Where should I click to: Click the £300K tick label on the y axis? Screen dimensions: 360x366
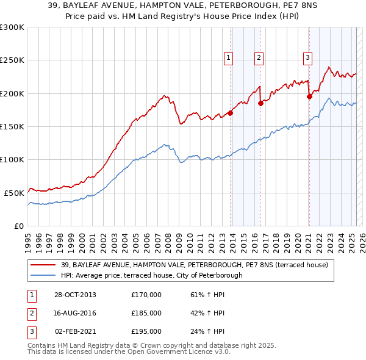[x=12, y=27]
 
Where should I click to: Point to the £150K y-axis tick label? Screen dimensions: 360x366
[x=12, y=126]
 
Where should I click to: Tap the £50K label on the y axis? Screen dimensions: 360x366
[x=15, y=192]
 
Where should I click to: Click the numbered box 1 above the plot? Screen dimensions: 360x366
[x=228, y=58]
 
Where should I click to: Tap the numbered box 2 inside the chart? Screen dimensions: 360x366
[x=259, y=58]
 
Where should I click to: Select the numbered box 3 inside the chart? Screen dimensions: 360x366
[x=307, y=58]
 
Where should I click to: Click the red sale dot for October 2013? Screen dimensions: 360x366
[x=231, y=113]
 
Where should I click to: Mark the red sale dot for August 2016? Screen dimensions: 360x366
[x=260, y=103]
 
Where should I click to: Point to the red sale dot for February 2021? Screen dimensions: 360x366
[x=309, y=96]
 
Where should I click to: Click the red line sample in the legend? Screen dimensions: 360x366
[x=43, y=265]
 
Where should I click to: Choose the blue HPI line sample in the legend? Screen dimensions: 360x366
[x=43, y=275]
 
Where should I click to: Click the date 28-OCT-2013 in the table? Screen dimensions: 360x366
[x=75, y=295]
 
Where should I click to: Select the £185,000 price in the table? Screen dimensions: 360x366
[x=146, y=313]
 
